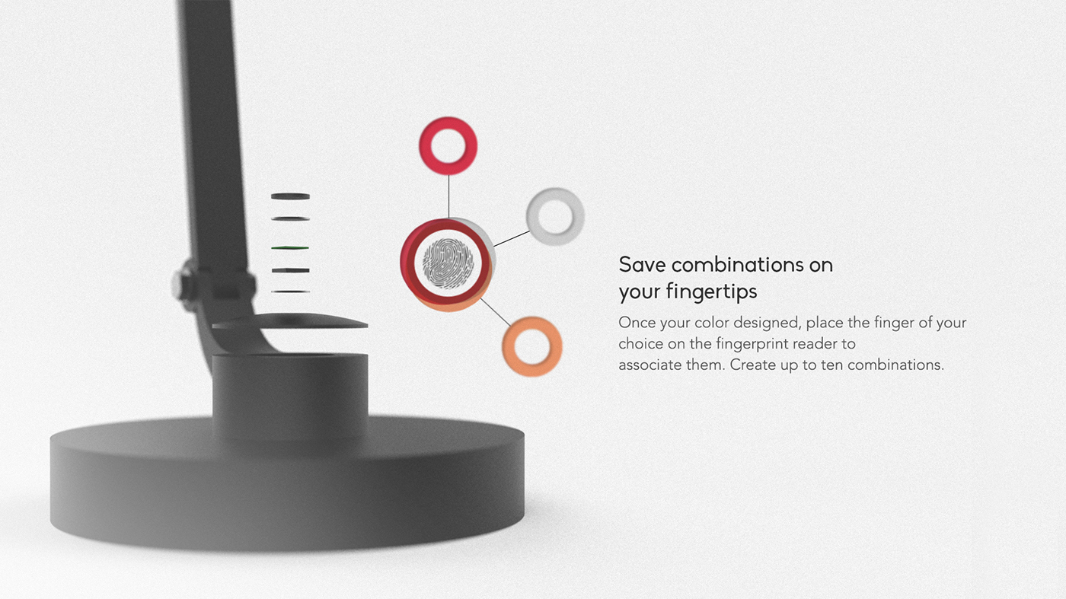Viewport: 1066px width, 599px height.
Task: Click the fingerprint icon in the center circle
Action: [x=448, y=263]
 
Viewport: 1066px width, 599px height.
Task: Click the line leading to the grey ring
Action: [x=511, y=237]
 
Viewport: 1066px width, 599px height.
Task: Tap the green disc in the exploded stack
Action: [x=290, y=248]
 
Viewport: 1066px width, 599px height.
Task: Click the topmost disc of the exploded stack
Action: [x=290, y=196]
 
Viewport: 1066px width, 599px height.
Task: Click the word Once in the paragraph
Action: [x=637, y=323]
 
